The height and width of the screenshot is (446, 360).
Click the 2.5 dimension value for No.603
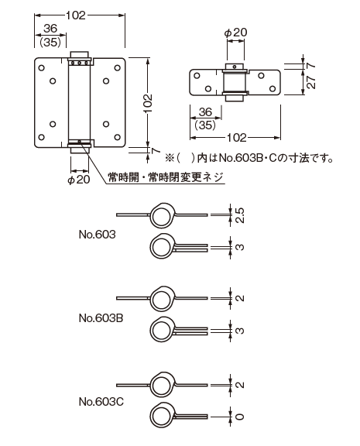click(x=241, y=214)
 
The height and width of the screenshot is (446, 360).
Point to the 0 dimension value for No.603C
click(x=241, y=417)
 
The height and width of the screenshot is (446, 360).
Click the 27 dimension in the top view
click(x=310, y=84)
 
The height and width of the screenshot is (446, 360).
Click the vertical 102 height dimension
click(x=148, y=102)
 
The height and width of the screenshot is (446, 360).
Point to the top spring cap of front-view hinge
click(x=80, y=56)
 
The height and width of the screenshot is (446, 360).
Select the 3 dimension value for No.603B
click(x=241, y=331)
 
